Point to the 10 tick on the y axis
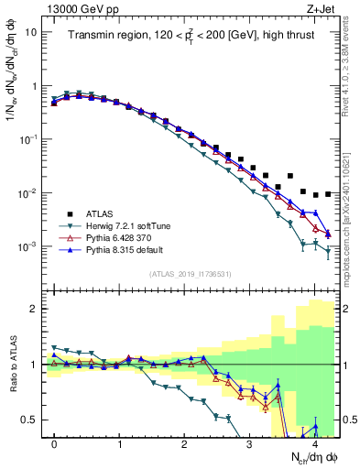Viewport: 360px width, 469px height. click(x=30, y=31)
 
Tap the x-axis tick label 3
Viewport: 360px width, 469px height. click(x=249, y=442)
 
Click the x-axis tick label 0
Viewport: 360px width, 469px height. click(x=54, y=442)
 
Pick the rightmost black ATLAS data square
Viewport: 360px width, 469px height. click(x=328, y=193)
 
